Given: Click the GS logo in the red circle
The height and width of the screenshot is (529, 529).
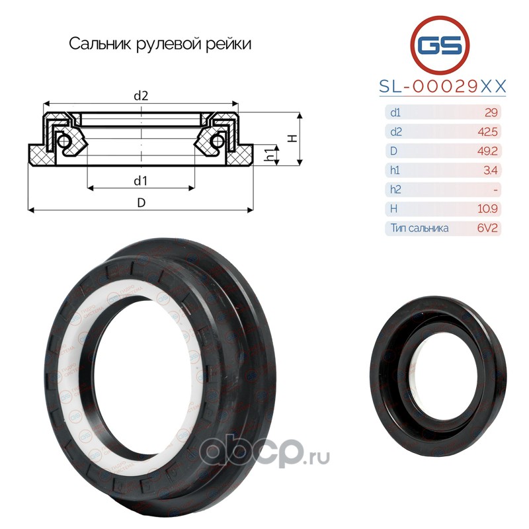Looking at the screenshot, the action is [440, 45].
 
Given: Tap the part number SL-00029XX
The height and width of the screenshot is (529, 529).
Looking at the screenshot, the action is [442, 87].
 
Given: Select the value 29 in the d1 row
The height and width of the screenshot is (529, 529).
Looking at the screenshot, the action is [491, 112].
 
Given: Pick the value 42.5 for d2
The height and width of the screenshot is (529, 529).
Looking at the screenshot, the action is [487, 132].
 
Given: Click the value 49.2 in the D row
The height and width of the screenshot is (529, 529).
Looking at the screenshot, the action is [487, 151].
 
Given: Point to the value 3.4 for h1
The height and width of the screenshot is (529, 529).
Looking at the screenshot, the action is [491, 171].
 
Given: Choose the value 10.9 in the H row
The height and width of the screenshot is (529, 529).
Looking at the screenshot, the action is [487, 209].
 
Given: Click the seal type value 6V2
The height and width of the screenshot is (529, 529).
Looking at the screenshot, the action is [487, 228].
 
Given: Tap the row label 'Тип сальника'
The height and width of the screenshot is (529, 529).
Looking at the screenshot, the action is [419, 228].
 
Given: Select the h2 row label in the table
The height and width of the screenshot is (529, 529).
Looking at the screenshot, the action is [395, 190].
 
